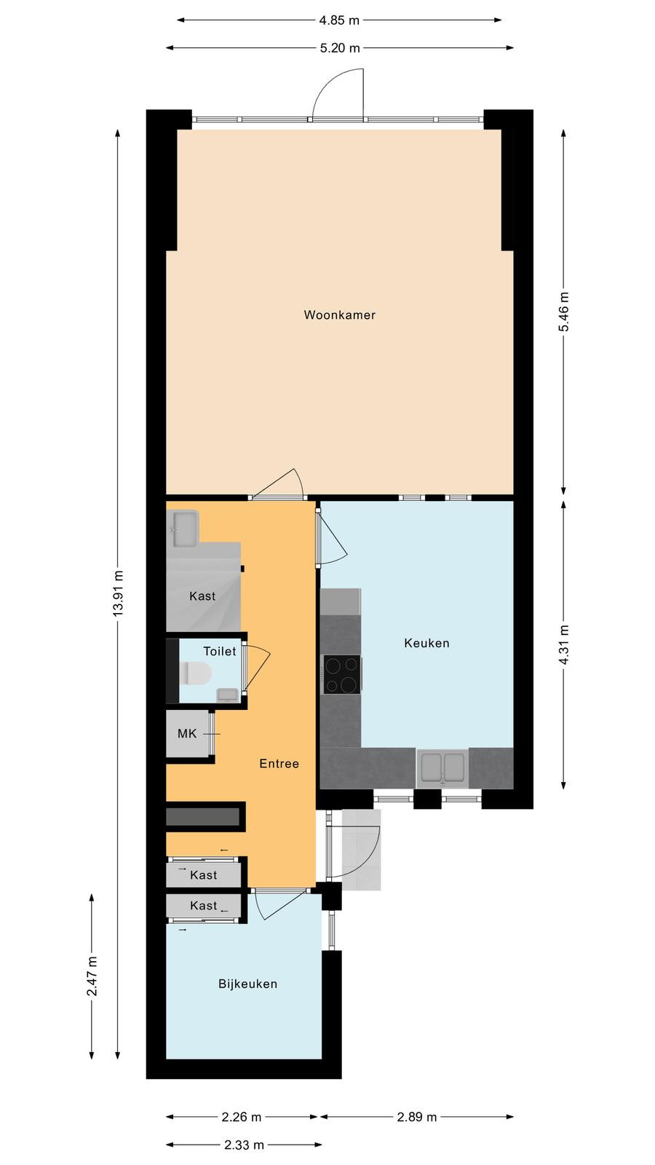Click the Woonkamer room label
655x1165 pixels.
pyautogui.click(x=339, y=315)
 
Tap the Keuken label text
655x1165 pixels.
pyautogui.click(x=426, y=644)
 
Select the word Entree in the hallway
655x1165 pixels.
pyautogui.click(x=279, y=764)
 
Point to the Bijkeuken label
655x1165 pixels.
pyautogui.click(x=247, y=984)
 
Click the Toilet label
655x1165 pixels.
pyautogui.click(x=219, y=651)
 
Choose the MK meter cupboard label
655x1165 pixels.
pyautogui.click(x=187, y=734)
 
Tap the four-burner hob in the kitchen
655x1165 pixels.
pyautogui.click(x=341, y=674)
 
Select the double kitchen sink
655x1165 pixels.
pyautogui.click(x=443, y=767)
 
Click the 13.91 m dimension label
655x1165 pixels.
pyautogui.click(x=119, y=593)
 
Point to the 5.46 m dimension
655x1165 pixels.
pyautogui.click(x=564, y=312)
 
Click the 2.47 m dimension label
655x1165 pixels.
pyautogui.click(x=92, y=976)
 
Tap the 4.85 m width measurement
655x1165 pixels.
pyautogui.click(x=339, y=20)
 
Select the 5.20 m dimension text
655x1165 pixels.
pyautogui.click(x=340, y=48)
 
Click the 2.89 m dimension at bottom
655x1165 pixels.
pyautogui.click(x=417, y=1117)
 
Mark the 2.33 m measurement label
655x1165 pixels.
pyautogui.click(x=245, y=1145)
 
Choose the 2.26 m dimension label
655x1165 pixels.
pyautogui.click(x=241, y=1117)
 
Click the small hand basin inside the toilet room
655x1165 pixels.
pyautogui.click(x=227, y=695)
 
